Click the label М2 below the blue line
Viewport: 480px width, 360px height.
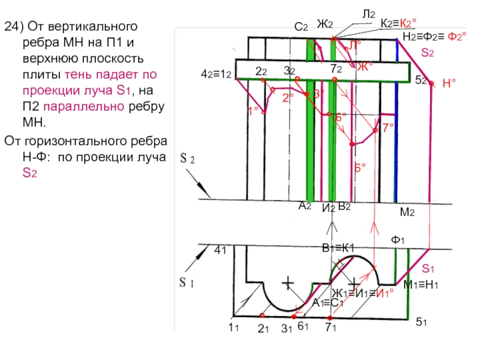coord(408,213)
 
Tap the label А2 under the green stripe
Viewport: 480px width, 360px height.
coord(305,205)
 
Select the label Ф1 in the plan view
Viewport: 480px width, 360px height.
coord(398,240)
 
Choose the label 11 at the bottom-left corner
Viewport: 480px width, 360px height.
coord(233,328)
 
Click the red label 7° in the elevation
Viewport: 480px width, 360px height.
coord(388,127)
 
